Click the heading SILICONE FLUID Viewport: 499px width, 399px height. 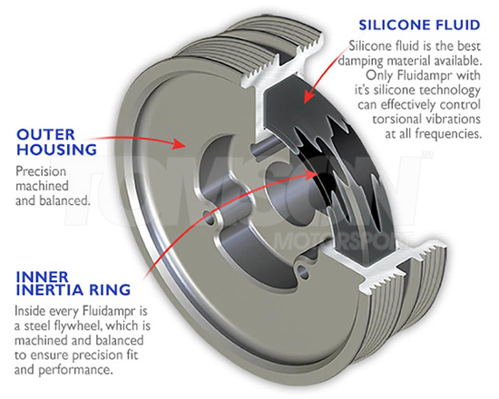point(419,24)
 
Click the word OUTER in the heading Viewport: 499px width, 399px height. point(46,134)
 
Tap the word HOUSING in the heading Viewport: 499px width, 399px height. point(56,150)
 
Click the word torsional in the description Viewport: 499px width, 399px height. point(396,120)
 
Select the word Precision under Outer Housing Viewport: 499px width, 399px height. point(41,171)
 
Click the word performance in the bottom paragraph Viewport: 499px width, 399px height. point(76,370)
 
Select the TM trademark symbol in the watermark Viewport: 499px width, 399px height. point(426,155)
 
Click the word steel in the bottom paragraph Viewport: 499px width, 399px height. point(37,326)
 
